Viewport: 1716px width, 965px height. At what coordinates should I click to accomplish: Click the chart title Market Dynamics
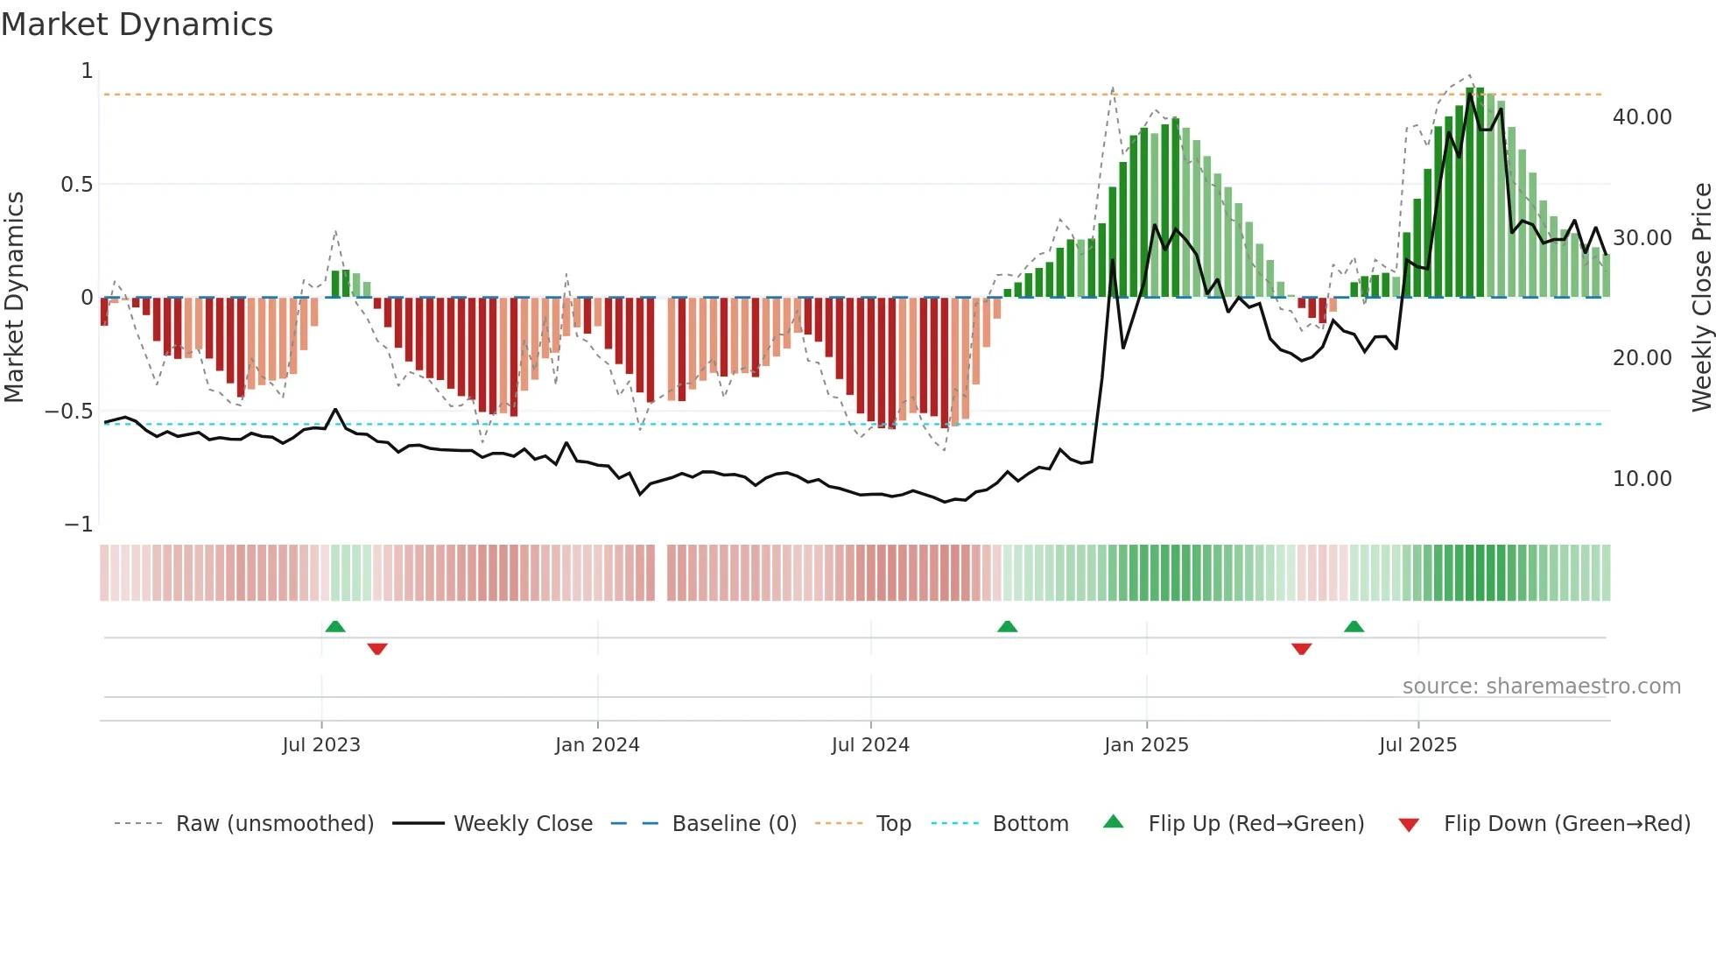click(x=137, y=25)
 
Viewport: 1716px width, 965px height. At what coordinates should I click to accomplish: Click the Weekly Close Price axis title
click(x=1701, y=297)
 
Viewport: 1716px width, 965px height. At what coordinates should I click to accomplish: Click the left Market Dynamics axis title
click(x=14, y=297)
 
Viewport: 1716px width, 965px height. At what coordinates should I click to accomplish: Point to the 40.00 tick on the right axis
click(x=1642, y=117)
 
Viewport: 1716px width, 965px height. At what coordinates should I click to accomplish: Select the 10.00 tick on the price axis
click(x=1642, y=479)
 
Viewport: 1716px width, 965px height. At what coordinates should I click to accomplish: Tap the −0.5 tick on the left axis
click(x=69, y=412)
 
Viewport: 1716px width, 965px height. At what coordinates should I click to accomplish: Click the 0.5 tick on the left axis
click(x=76, y=185)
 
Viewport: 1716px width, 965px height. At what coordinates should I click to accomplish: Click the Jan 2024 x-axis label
click(x=597, y=745)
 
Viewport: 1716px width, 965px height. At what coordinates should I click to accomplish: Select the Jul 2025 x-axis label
click(x=1417, y=745)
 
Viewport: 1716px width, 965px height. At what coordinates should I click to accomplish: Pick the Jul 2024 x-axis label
click(x=870, y=745)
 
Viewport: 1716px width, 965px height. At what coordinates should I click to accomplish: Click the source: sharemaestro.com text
click(x=1541, y=687)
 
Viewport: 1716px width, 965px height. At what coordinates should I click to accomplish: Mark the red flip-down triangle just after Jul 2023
click(x=377, y=649)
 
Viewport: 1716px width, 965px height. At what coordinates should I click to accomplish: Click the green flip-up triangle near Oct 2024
click(x=1007, y=626)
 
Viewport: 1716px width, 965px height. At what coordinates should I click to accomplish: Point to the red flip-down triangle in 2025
click(x=1301, y=649)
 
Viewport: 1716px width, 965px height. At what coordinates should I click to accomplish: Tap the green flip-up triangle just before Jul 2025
click(x=1354, y=626)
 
